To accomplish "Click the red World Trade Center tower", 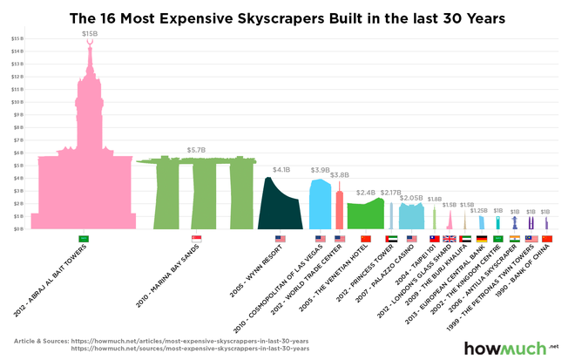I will [340, 209].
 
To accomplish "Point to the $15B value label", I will [90, 33].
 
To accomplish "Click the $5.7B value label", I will [196, 149].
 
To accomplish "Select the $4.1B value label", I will [281, 169].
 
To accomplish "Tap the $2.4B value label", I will [366, 192].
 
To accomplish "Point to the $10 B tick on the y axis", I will [17, 102].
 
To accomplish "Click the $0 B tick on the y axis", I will [17, 228].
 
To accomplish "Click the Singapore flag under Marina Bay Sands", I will [196, 239].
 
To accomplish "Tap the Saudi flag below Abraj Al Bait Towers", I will [84, 239].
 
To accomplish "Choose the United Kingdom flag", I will [450, 239].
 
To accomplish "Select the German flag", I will [482, 239].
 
